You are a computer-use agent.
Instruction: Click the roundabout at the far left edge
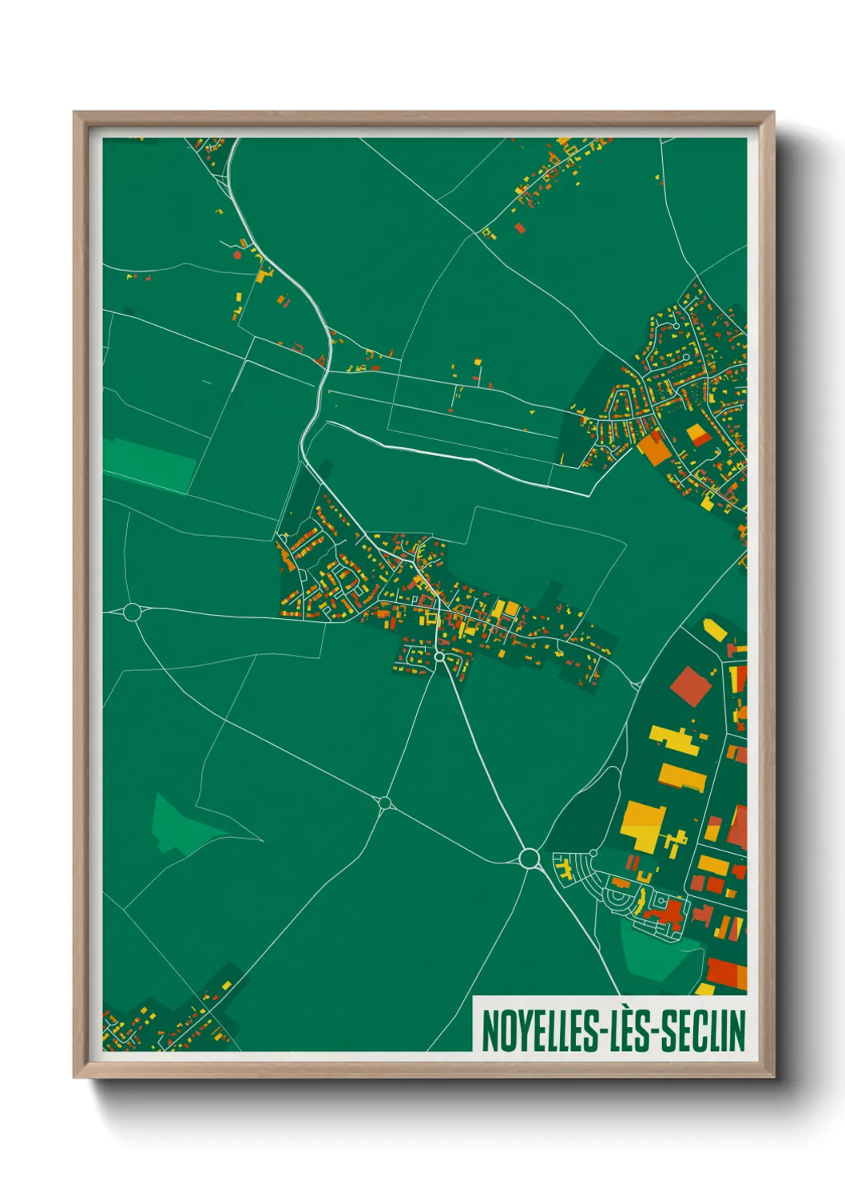click(133, 613)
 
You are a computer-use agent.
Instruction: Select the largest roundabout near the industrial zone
click(528, 858)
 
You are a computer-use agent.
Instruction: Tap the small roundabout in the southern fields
click(385, 803)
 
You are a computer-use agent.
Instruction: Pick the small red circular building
click(236, 256)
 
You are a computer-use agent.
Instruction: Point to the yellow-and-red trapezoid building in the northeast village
click(699, 435)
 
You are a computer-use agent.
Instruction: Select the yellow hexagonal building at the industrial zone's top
click(716, 630)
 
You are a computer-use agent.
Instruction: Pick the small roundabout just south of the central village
click(438, 656)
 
